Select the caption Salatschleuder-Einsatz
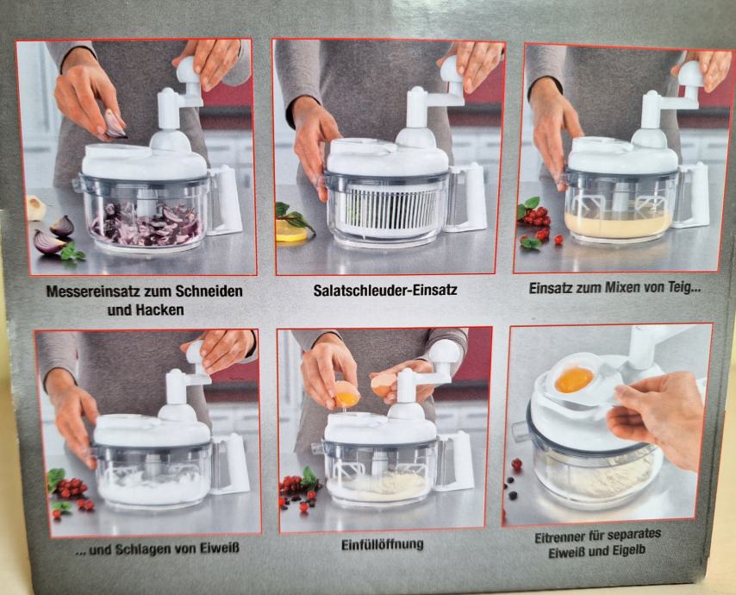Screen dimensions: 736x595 385,290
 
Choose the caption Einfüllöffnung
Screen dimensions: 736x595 382,545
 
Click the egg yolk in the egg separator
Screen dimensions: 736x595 574,379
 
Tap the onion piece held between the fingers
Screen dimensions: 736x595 114,123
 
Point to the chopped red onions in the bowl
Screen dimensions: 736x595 147,224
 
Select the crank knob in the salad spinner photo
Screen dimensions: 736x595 452,71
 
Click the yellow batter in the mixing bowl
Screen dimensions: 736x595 619,224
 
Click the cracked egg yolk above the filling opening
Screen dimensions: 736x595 347,399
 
